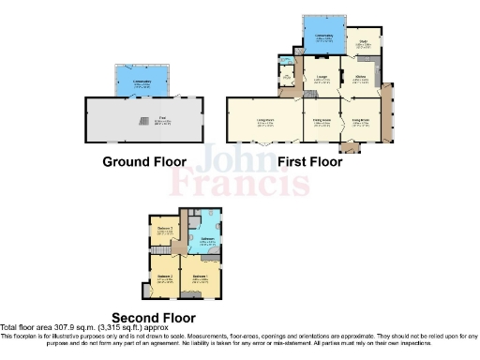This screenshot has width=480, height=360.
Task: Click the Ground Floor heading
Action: click(143, 161)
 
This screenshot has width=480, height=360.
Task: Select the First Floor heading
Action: click(309, 161)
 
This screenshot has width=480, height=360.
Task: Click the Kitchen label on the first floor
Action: click(359, 79)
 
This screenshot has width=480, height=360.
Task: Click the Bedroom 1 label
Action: click(200, 277)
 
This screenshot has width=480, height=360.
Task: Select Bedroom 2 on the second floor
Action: click(164, 277)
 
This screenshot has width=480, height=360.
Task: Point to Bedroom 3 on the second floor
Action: click(165, 230)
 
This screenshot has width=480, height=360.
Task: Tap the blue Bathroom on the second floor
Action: click(206, 240)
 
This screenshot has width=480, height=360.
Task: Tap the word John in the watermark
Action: click(222, 155)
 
